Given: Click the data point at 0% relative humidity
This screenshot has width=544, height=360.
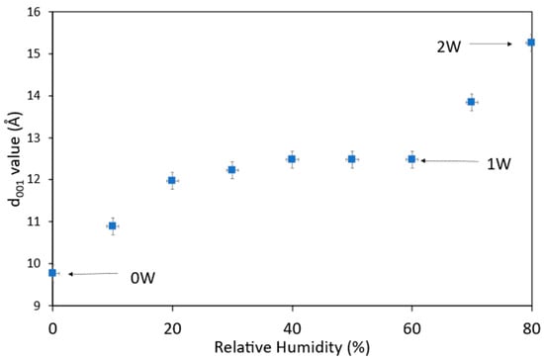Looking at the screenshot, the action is coord(52,273).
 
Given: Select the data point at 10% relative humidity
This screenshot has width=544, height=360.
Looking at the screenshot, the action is coord(113,226).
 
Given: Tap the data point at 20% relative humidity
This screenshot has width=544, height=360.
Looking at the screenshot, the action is coord(172,180).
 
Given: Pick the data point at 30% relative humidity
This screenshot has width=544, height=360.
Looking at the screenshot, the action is coord(231,170).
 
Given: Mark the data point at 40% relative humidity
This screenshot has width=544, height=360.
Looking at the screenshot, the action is coord(292,159).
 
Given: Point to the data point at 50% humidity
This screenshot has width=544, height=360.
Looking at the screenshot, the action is coord(352,159).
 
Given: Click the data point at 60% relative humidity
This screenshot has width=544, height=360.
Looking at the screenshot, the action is coord(411,159).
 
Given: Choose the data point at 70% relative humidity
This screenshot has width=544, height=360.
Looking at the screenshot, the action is coord(471,102).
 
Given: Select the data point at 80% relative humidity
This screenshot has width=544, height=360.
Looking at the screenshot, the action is coord(531,43).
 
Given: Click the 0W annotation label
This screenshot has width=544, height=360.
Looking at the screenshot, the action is coord(142,278).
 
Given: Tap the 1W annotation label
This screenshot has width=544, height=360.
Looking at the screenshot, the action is coord(499,164).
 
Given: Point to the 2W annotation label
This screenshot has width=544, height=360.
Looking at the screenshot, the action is coord(449,46).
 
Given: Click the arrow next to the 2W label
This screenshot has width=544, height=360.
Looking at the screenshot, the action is coord(491,45).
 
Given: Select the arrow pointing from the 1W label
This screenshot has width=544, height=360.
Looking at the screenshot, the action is coord(450,161).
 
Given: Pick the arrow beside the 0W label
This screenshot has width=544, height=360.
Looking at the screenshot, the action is coord(93,274).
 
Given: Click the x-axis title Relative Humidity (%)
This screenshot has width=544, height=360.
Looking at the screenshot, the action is coord(292,347).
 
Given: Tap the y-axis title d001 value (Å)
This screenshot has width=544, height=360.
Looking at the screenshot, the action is coord(15,159).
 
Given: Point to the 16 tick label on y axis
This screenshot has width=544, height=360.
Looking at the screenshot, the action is coord(34,12).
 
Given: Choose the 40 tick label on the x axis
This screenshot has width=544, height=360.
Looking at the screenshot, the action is coord(292,328).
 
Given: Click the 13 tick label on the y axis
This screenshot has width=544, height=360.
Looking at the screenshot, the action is coord(34,138).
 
